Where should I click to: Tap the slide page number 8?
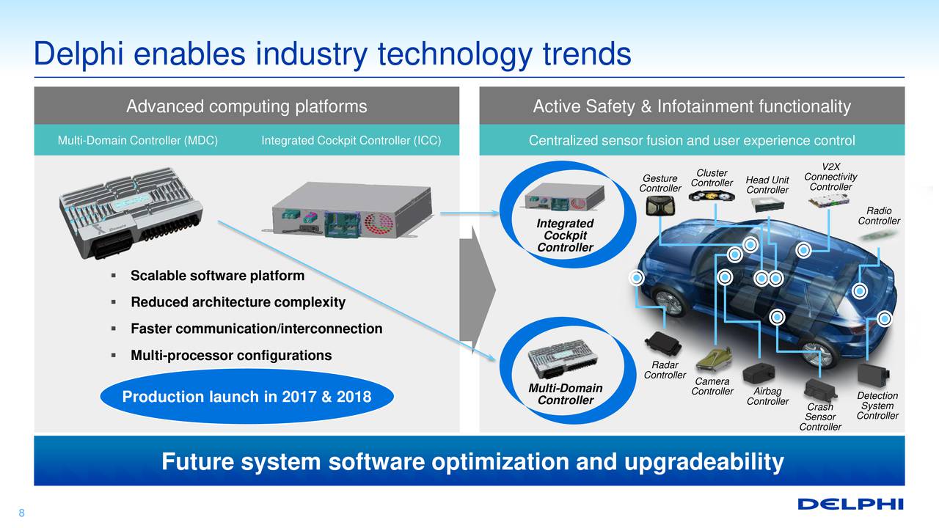(x=21, y=513)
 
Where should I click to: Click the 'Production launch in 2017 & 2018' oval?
(x=246, y=397)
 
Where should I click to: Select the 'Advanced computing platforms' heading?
(x=246, y=107)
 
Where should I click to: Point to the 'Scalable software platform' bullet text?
(x=216, y=276)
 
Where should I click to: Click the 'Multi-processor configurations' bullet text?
(x=230, y=356)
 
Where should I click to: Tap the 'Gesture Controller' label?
(x=660, y=183)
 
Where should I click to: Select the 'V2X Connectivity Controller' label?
(x=830, y=177)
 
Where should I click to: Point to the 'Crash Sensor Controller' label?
(x=820, y=417)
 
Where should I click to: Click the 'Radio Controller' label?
(x=879, y=216)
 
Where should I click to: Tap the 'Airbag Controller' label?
(x=767, y=396)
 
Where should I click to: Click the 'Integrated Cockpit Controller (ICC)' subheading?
(x=351, y=141)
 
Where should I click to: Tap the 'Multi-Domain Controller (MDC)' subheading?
(x=137, y=141)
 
